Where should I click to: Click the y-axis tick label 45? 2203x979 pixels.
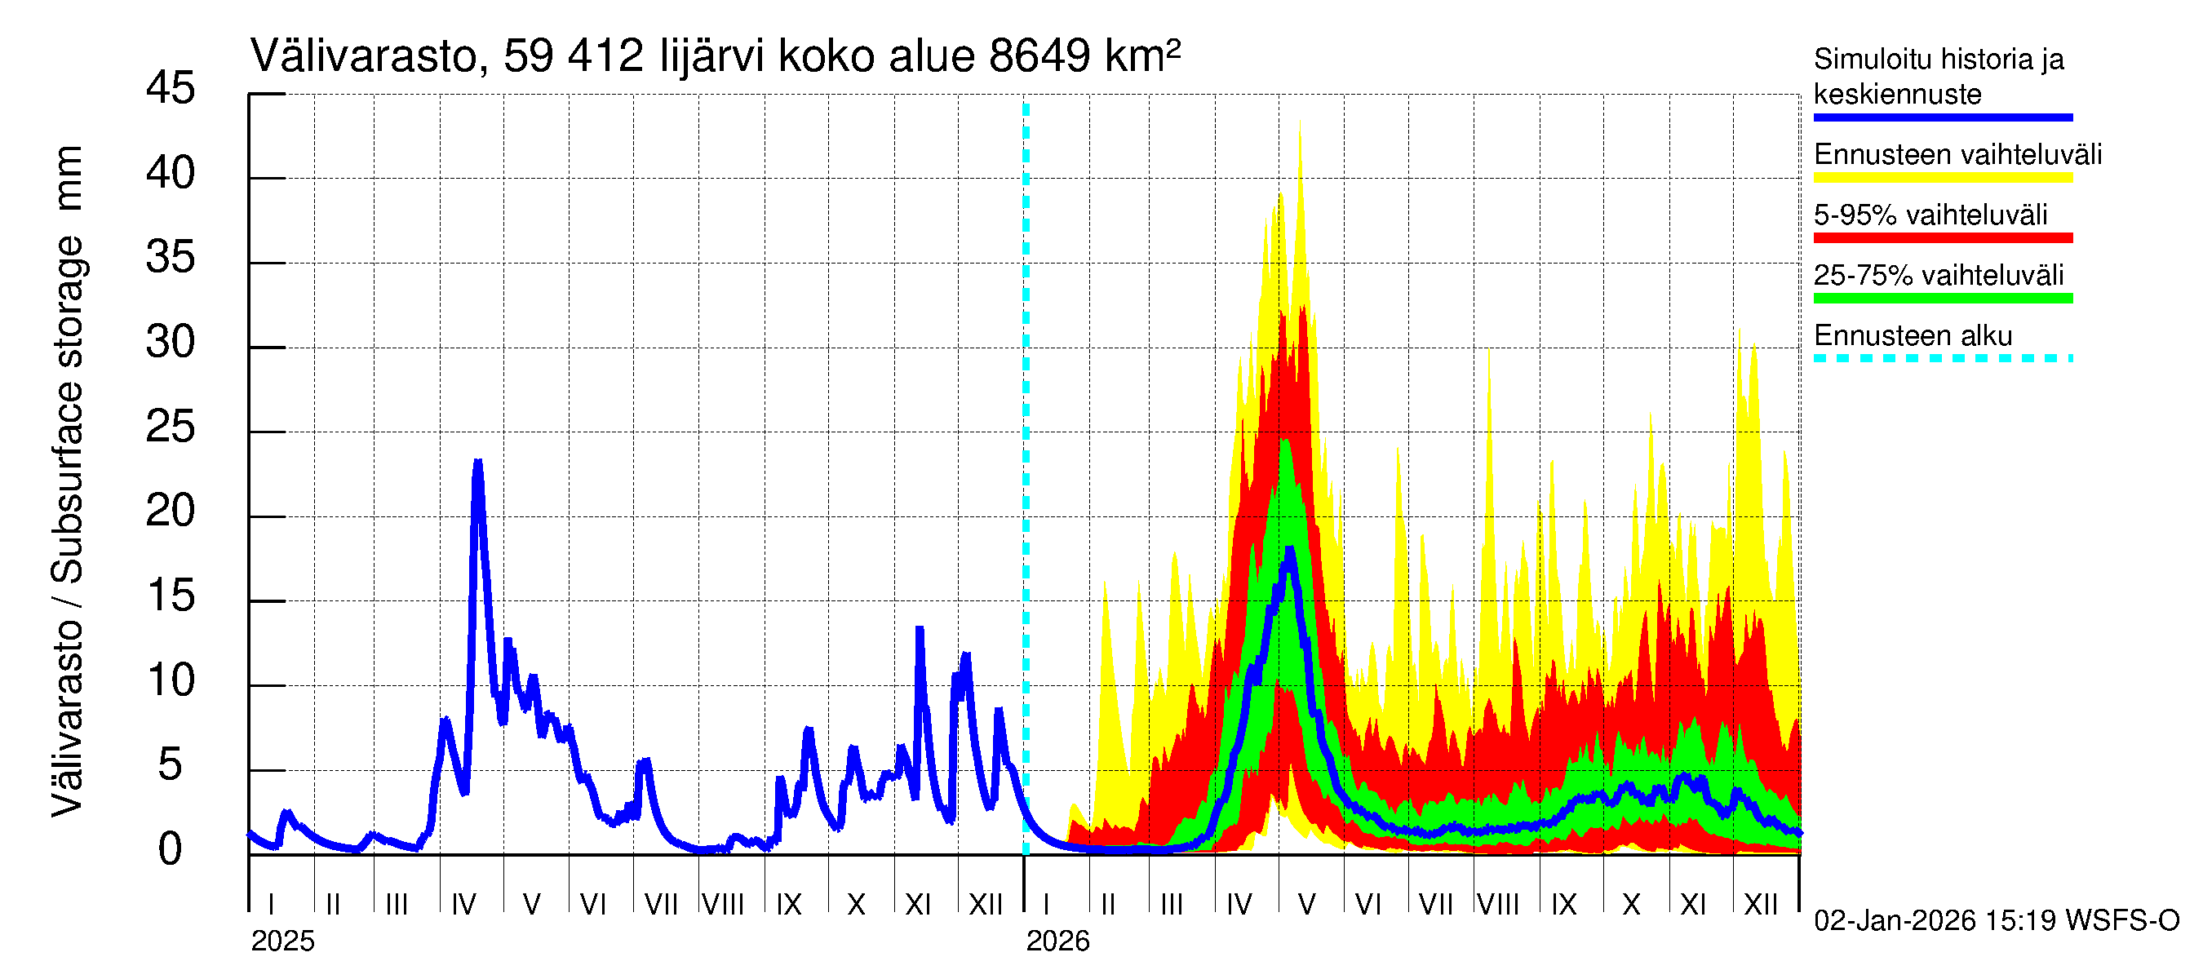171,89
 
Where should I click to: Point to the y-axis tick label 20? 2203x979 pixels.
171,512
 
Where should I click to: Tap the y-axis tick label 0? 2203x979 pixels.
171,850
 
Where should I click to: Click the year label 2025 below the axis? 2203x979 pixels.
282,941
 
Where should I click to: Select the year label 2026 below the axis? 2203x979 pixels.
1058,941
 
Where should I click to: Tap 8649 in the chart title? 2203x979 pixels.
1038,57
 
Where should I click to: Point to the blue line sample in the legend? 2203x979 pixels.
1942,117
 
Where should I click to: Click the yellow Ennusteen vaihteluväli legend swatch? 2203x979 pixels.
1942,178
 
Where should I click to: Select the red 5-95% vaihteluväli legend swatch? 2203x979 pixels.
1942,237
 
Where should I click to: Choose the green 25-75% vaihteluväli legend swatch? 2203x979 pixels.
1942,299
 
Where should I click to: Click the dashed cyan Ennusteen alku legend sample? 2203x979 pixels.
1942,358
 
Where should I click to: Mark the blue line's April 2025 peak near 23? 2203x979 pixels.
478,463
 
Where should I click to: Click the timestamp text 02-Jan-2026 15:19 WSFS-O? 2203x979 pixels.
1996,921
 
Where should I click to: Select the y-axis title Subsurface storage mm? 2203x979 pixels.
69,410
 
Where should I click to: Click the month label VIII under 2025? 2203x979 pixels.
723,905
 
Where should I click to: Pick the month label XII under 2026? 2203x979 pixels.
1760,905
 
